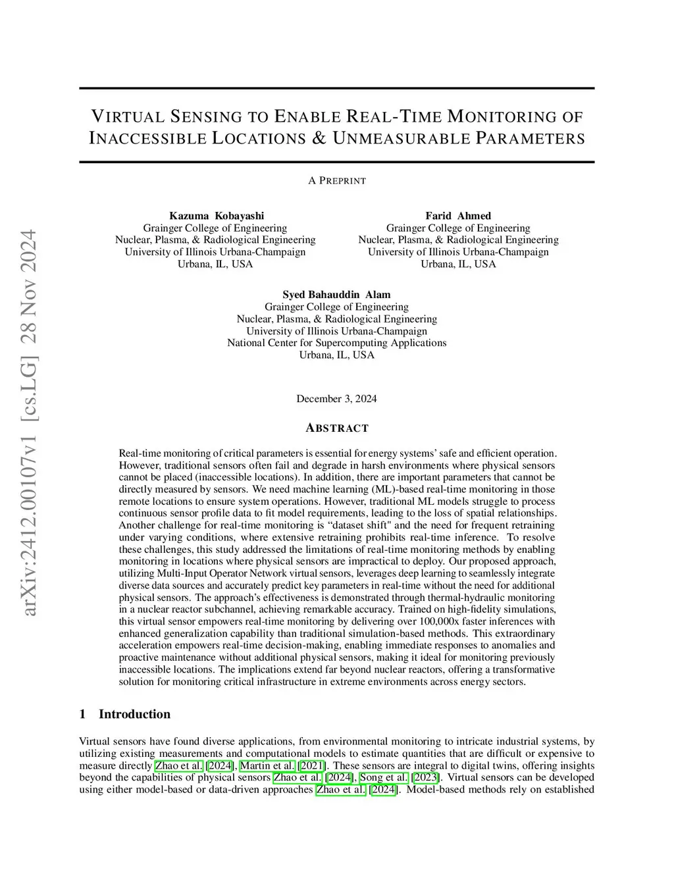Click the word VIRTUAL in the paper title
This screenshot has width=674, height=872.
tap(127, 117)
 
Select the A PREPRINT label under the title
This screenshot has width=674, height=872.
tap(337, 180)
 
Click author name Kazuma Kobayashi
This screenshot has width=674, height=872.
tap(217, 216)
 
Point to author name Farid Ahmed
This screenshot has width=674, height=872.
tap(458, 216)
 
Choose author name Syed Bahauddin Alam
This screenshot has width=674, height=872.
tap(336, 295)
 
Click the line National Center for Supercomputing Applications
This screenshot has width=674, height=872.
tap(336, 343)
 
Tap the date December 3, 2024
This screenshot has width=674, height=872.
tap(336, 399)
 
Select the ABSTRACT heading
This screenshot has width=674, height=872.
tap(337, 428)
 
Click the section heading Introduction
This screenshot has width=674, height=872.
tap(134, 714)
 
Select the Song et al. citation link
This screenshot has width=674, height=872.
tap(384, 777)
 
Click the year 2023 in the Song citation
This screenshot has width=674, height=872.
tap(427, 777)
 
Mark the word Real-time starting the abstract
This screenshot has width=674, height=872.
tap(140, 453)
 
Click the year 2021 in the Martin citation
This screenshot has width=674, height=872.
tap(312, 765)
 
